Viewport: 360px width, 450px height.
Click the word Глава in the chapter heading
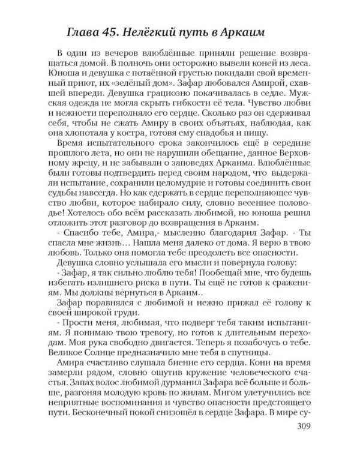83,32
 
